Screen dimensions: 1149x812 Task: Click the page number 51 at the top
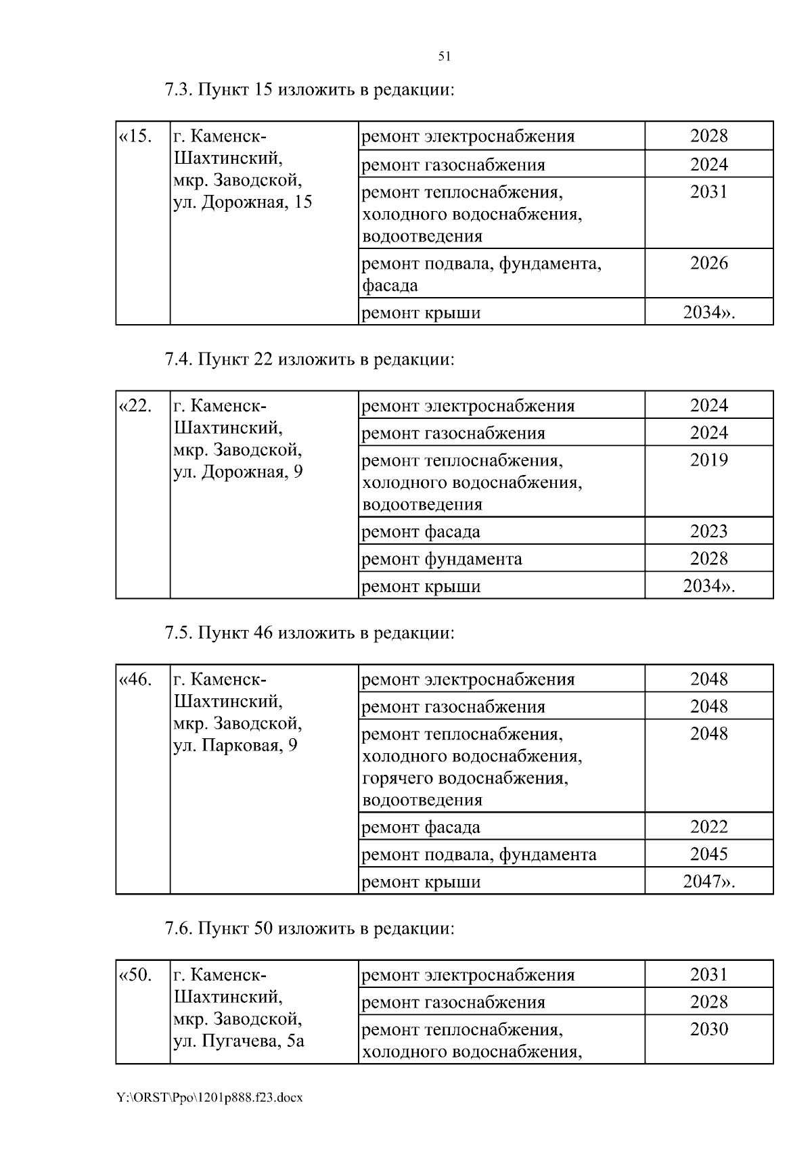coord(445,57)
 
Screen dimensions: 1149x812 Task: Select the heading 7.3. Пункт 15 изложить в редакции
coord(309,90)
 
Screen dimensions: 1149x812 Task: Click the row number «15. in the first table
coord(135,136)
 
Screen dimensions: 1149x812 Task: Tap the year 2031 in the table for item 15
coord(708,192)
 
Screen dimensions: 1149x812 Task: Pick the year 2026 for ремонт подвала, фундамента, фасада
coord(708,263)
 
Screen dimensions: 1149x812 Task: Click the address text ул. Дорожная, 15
coord(242,202)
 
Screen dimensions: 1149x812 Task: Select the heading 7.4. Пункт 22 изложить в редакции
coord(309,359)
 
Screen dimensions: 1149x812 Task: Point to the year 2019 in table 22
coord(708,460)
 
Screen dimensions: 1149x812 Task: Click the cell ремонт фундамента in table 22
coord(442,559)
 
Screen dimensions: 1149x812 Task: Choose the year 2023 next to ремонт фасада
coord(708,531)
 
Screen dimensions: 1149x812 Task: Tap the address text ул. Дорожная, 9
coord(238,472)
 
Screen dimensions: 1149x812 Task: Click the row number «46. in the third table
coord(135,679)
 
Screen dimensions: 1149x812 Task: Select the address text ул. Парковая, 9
coord(235,745)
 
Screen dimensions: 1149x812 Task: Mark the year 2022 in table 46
coord(708,826)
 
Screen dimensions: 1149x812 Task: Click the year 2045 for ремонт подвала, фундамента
coord(708,854)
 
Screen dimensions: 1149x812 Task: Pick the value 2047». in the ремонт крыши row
coord(708,882)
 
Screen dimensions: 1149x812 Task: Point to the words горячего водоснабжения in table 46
coord(465,778)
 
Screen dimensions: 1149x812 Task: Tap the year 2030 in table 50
coord(708,1029)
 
